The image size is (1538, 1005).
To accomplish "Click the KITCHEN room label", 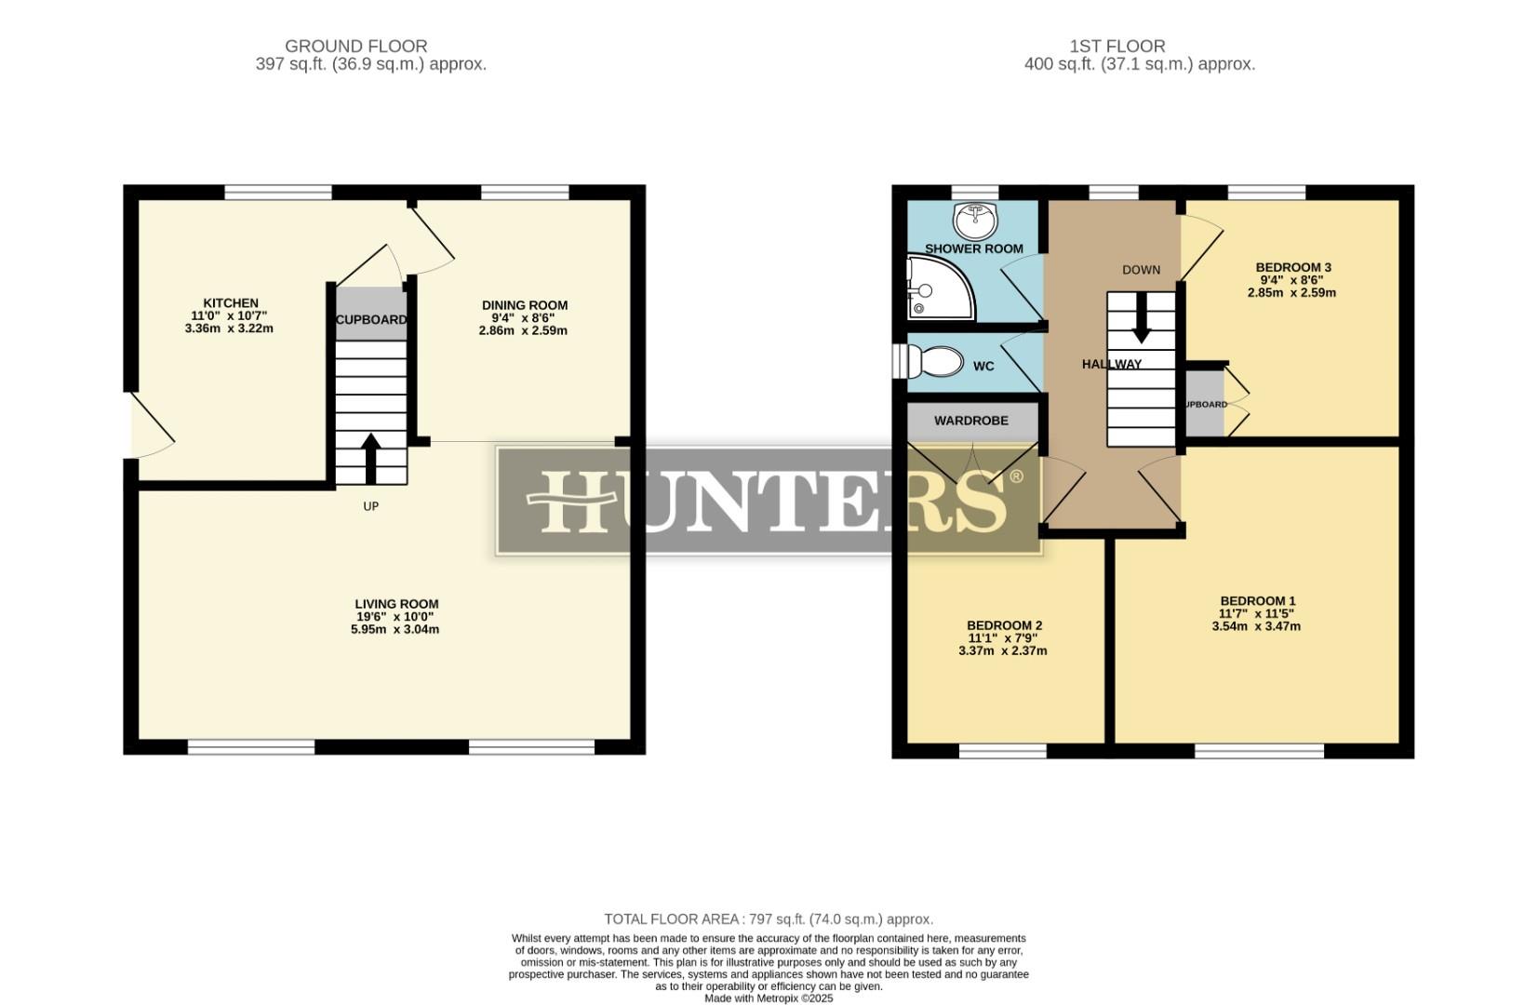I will tap(231, 303).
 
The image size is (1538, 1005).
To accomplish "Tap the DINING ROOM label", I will tap(524, 305).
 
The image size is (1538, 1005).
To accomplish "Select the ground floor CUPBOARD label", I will tap(371, 319).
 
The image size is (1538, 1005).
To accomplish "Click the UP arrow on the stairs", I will tap(370, 457).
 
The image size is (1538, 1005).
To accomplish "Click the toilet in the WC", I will tap(935, 362).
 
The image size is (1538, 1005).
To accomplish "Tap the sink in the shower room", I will tap(974, 221).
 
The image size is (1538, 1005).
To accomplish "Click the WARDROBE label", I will tap(971, 421).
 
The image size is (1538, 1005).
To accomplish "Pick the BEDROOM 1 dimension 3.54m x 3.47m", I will tap(1256, 626).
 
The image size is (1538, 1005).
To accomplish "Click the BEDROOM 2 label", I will tap(1004, 625).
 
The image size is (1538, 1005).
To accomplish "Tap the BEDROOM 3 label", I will tap(1292, 268).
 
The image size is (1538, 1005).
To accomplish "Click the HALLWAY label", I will tap(1111, 364).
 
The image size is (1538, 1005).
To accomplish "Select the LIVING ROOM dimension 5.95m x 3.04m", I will tap(395, 629).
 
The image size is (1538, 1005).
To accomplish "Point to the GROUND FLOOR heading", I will tap(355, 46).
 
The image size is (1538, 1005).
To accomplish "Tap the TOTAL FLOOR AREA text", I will tap(768, 918).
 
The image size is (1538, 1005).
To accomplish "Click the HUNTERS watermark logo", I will tap(769, 501).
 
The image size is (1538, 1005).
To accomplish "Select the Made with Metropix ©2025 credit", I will tap(769, 998).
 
